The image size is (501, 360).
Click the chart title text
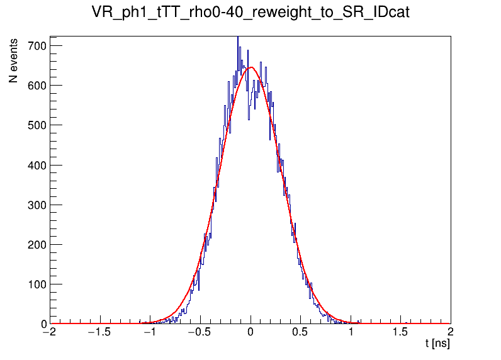[x=250, y=13]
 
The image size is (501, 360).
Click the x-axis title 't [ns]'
[x=437, y=344]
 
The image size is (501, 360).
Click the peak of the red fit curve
[x=250, y=67]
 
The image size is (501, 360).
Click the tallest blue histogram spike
[x=238, y=39]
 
